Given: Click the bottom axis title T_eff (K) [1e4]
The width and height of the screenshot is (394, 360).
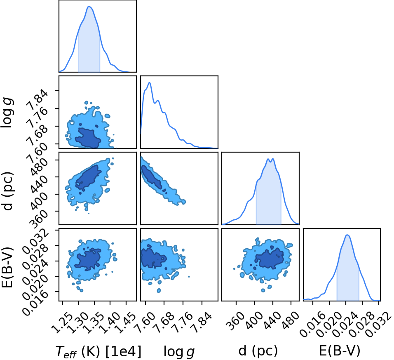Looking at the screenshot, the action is pyautogui.click(x=98, y=351).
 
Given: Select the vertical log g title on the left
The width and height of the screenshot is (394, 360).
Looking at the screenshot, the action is pyautogui.click(x=7, y=113).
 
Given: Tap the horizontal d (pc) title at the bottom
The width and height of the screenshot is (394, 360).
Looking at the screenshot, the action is pyautogui.click(x=258, y=351).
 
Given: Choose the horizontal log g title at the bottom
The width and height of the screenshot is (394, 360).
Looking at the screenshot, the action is pyautogui.click(x=179, y=351).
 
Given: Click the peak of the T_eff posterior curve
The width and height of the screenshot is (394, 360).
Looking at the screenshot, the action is pyautogui.click(x=89, y=6).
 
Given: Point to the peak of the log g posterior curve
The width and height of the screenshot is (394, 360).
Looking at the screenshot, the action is pyautogui.click(x=150, y=82).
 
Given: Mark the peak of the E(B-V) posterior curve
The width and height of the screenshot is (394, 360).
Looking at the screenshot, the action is pyautogui.click(x=347, y=235).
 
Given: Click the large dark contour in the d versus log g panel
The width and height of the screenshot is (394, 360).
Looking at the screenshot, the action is pyautogui.click(x=152, y=176).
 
